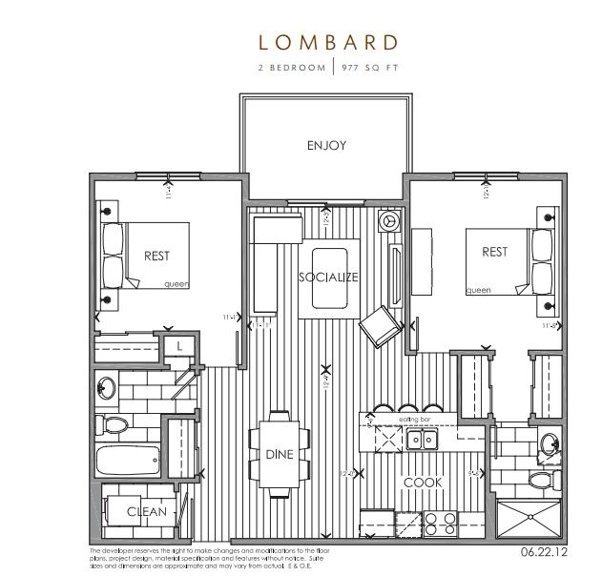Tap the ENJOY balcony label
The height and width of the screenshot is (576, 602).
(x=326, y=146)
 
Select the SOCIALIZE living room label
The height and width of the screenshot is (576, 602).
(x=327, y=278)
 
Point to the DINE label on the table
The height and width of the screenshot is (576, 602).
(x=280, y=455)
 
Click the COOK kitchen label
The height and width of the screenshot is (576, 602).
(x=423, y=483)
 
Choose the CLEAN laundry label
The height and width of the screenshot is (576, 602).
(x=147, y=512)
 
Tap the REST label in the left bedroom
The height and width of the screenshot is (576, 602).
(x=157, y=256)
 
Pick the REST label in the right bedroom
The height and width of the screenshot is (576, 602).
(x=494, y=252)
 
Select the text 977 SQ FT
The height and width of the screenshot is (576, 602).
(x=368, y=69)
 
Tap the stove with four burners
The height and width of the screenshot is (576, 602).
(x=441, y=524)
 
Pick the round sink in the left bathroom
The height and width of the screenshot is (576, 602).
(x=107, y=389)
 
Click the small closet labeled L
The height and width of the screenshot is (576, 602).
(x=179, y=346)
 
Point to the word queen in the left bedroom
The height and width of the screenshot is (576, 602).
(x=176, y=284)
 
